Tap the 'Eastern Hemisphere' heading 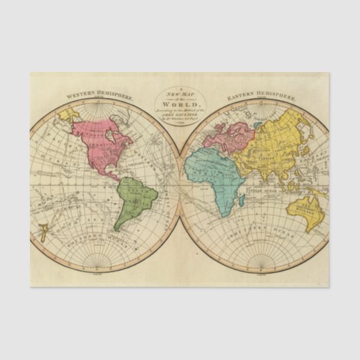click(x=259, y=96)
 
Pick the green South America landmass click(x=136, y=198)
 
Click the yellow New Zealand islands click(x=42, y=235)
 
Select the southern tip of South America click(x=117, y=230)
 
